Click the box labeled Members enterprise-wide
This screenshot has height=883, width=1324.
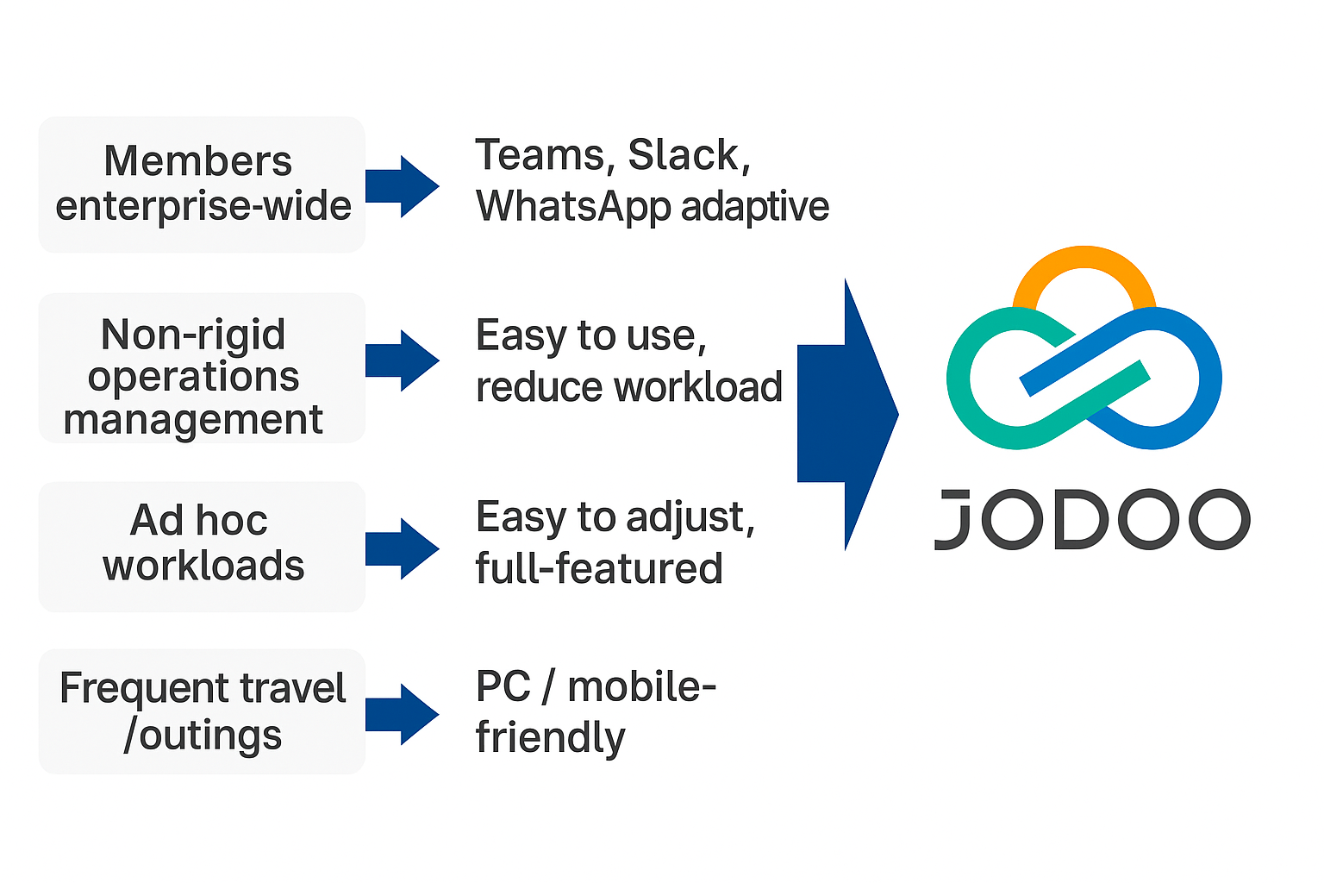[202, 185]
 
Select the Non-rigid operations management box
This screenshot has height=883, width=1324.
[202, 368]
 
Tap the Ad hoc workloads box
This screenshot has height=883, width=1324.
[202, 546]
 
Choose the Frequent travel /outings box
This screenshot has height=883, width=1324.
[202, 711]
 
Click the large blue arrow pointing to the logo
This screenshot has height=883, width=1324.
[845, 414]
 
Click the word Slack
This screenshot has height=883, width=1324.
[684, 156]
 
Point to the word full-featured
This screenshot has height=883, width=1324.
[599, 569]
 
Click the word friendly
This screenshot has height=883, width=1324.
[550, 738]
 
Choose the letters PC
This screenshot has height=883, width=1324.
[503, 687]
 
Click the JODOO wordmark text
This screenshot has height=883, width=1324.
[1092, 520]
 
